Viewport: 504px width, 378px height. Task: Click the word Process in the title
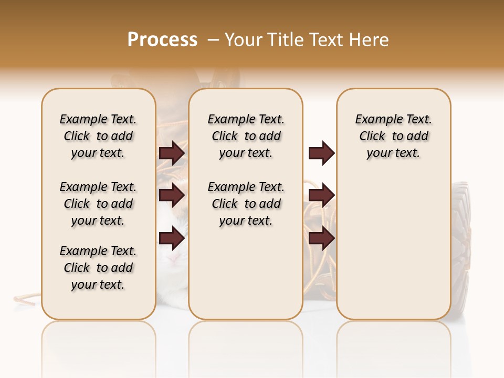click(x=162, y=39)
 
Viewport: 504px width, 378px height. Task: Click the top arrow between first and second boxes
click(x=172, y=153)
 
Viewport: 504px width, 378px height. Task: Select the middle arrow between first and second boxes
click(x=172, y=195)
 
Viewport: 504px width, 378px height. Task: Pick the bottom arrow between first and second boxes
click(x=172, y=238)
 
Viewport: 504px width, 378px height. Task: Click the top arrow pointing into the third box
click(x=321, y=153)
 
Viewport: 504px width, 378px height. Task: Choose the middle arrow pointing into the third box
click(x=321, y=195)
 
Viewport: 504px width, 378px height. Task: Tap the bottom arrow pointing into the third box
click(x=321, y=238)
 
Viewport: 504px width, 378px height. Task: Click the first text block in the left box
click(x=98, y=136)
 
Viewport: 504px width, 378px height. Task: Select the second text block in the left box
click(x=98, y=204)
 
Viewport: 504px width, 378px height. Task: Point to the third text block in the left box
click(x=98, y=268)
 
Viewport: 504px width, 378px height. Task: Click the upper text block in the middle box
click(x=246, y=136)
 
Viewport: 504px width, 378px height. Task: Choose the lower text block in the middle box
click(x=246, y=204)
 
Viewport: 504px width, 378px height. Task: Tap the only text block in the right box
click(x=394, y=136)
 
